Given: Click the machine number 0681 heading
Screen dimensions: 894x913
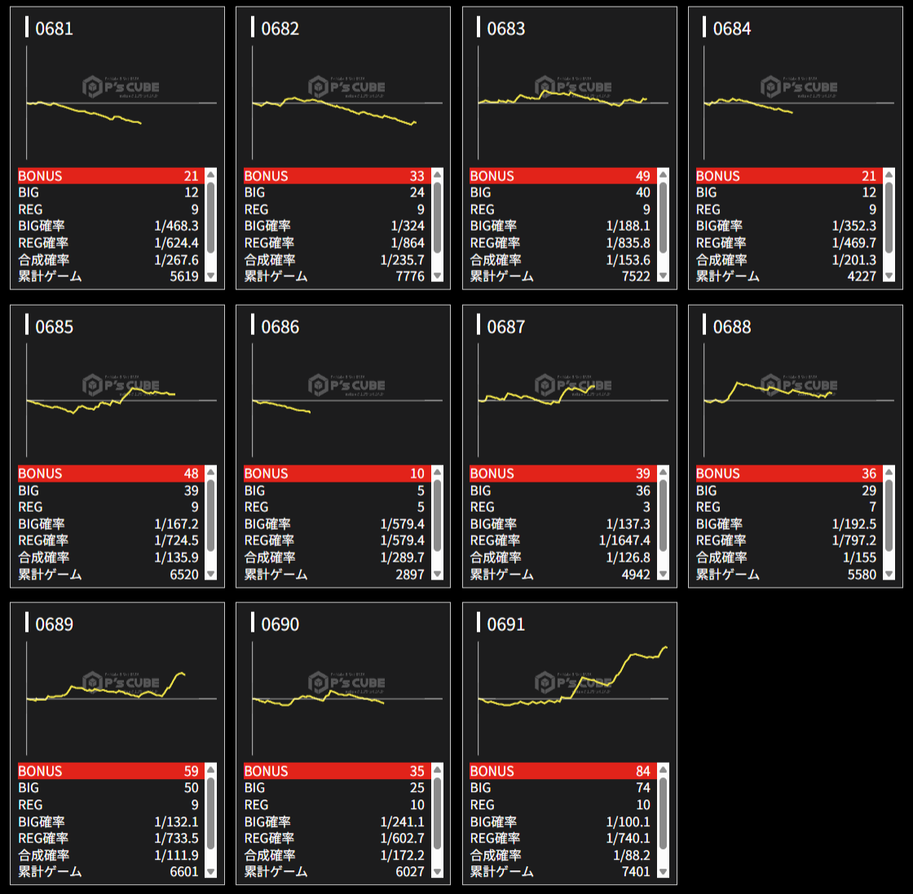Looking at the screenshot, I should pos(54,29).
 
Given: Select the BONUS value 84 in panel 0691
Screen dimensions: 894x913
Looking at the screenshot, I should pos(643,771).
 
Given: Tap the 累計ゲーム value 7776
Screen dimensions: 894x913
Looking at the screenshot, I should pos(409,276).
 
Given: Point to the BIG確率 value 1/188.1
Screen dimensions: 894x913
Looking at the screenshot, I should pos(628,226).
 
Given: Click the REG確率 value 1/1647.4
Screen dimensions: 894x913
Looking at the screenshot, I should pos(624,540).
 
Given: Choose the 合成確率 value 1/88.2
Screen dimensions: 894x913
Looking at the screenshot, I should pos(632,855).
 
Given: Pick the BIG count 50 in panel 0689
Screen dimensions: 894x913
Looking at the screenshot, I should pos(191,788).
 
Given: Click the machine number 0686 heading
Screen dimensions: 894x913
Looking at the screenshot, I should pos(280,327).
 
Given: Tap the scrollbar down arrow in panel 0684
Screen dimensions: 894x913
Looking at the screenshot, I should pos(889,276).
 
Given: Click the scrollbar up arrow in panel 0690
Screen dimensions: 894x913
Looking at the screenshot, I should pos(437,769).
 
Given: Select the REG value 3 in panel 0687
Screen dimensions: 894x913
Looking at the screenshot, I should pos(646,507).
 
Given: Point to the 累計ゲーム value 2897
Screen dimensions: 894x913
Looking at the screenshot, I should pos(409,575).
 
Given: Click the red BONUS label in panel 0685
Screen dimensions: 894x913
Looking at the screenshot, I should pos(40,473).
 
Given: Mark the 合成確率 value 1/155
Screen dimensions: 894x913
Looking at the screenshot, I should pos(859,557).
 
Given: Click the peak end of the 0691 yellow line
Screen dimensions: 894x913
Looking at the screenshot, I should pos(665,647).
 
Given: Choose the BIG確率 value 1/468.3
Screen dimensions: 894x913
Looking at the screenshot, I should pos(176,226).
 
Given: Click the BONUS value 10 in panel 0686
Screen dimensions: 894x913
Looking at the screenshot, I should pos(417,473).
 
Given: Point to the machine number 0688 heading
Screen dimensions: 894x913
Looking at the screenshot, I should pos(731,327).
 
